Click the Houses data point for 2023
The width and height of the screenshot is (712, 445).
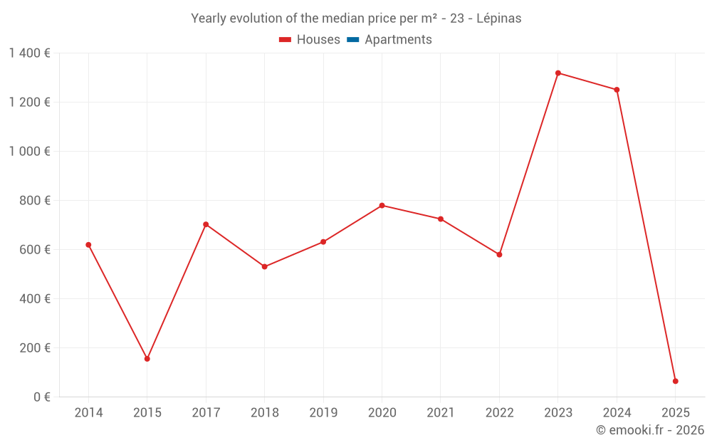pos(558,73)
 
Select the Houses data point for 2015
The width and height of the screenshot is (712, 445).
pos(147,359)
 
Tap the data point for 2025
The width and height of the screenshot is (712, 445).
pos(676,381)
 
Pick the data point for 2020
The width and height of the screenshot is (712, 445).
pos(382,206)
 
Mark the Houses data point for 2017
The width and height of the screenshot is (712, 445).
pos(206,224)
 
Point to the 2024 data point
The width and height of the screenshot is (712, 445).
pos(617,90)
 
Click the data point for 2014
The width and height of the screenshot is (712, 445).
pos(88,245)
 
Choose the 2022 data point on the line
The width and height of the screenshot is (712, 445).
pos(499,254)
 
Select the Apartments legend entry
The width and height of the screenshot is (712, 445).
pos(398,40)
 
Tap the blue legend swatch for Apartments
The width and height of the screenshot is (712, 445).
pos(352,40)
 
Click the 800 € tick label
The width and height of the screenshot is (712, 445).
pos(36,201)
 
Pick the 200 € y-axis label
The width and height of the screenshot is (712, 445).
pos(36,348)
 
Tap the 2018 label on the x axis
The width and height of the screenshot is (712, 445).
pos(264,413)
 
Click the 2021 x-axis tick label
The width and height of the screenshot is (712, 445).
pos(441,413)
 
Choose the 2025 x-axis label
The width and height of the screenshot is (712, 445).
pos(676,413)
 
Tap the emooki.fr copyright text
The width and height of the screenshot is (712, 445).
pos(650,430)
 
